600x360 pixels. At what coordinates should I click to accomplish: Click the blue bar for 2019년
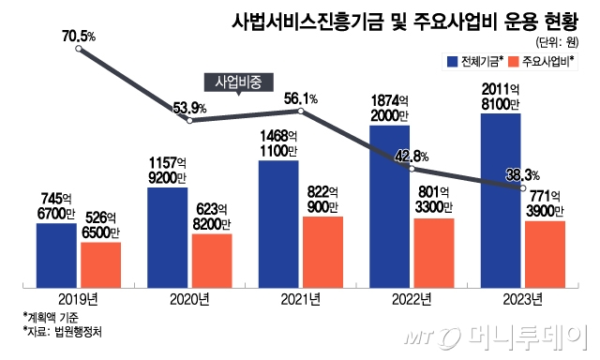[x=56, y=254]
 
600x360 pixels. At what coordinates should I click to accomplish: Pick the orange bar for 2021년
[x=322, y=251]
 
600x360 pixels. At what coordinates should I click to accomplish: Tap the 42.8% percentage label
[x=411, y=156]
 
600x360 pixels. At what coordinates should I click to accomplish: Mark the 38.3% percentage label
[x=520, y=174]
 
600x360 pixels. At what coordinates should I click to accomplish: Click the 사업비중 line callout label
[x=238, y=82]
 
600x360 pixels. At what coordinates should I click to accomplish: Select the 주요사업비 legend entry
[x=545, y=62]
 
